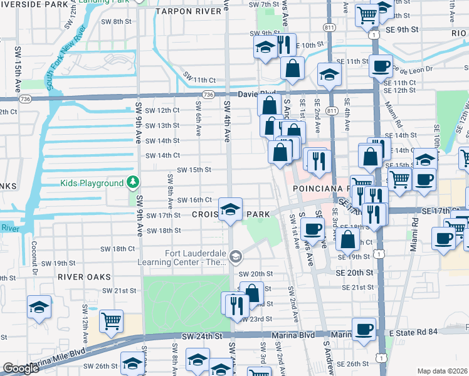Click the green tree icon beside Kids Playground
pyautogui.click(x=132, y=183)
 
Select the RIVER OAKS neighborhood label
pyautogui.click(x=83, y=276)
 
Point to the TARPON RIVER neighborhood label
pyautogui.click(x=186, y=11)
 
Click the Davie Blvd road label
pyautogui.click(x=256, y=93)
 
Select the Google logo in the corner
pyautogui.click(x=21, y=368)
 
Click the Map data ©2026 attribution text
pyautogui.click(x=442, y=371)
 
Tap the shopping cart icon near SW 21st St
pyautogui.click(x=112, y=321)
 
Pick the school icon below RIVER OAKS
pyautogui.click(x=40, y=308)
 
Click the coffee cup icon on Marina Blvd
pyautogui.click(x=364, y=329)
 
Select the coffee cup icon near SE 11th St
pyautogui.click(x=380, y=66)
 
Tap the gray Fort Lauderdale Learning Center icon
pyautogui.click(x=236, y=256)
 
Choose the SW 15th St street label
pyautogui.click(x=194, y=169)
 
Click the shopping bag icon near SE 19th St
pyautogui.click(x=347, y=238)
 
